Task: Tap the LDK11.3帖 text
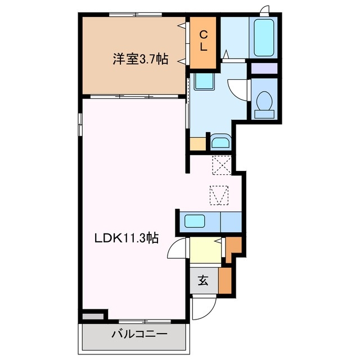click(125, 238)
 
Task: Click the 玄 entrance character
click(203, 280)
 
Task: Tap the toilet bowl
click(264, 102)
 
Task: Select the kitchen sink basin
click(197, 220)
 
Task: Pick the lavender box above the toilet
click(264, 69)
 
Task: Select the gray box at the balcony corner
click(93, 317)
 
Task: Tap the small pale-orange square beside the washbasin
click(198, 143)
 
